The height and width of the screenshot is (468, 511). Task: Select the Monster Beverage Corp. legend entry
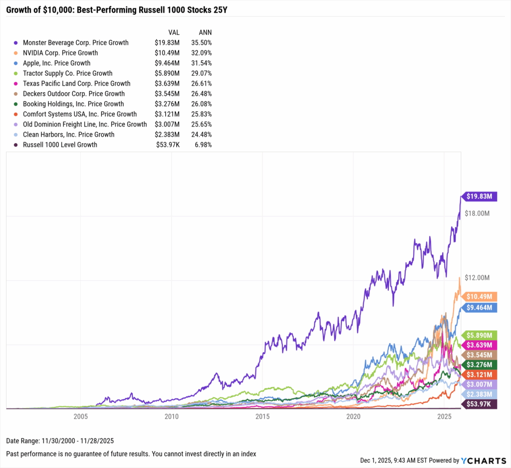(75, 42)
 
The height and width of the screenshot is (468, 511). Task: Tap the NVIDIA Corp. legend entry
(60, 53)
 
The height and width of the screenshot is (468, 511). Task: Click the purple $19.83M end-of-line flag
(480, 196)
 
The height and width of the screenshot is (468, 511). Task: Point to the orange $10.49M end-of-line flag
(480, 296)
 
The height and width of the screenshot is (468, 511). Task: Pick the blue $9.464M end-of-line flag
(480, 308)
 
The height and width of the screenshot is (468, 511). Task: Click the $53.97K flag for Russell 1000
(480, 404)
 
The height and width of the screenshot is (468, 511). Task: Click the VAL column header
(174, 32)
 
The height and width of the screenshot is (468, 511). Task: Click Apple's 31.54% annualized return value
(202, 63)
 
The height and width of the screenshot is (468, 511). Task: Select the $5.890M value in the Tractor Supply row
(166, 73)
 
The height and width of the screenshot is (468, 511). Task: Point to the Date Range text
(57, 441)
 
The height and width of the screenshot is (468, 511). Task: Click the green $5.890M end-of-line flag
(480, 335)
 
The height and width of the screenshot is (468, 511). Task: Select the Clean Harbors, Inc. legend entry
(68, 135)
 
